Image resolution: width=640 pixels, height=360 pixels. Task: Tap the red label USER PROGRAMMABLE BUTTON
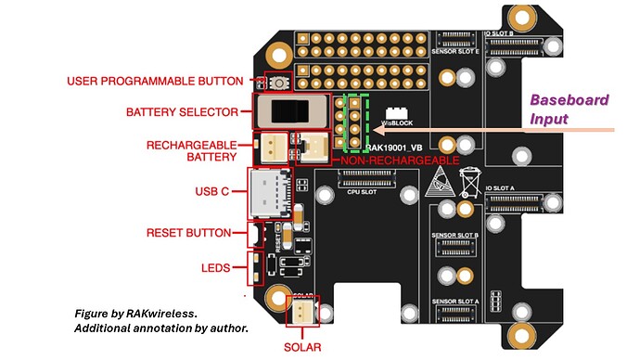coord(155,82)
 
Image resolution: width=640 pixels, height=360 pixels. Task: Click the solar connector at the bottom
coord(305,313)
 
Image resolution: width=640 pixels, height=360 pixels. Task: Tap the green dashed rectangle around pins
coord(355,122)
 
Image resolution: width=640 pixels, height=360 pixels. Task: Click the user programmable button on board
coord(278,82)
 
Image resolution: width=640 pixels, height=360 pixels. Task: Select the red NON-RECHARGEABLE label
coord(399,161)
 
